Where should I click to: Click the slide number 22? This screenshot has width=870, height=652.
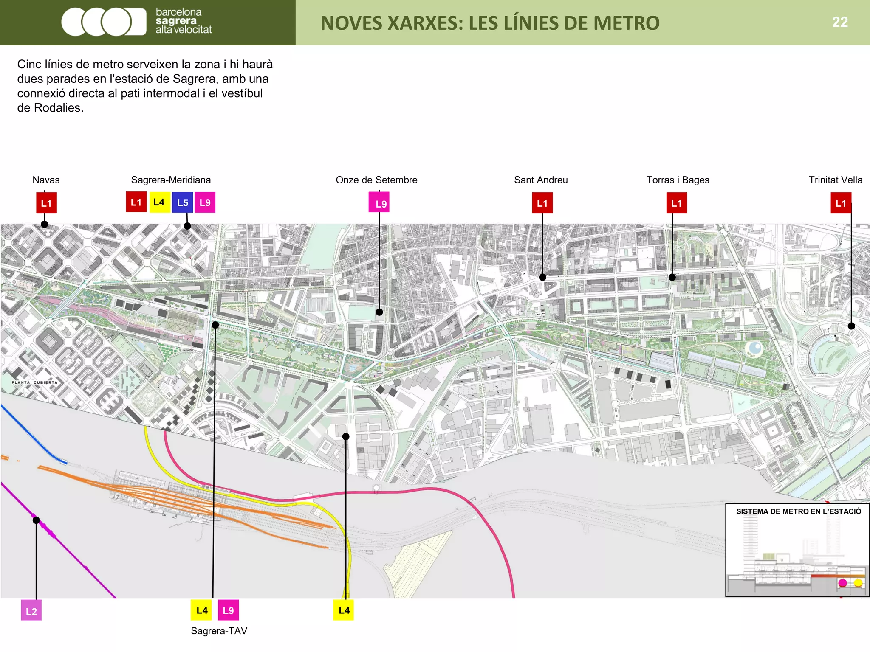click(839, 22)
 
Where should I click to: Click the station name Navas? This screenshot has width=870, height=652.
click(46, 180)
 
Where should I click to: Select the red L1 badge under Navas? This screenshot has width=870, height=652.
click(46, 203)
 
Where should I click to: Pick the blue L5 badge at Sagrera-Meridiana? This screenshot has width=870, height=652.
click(183, 202)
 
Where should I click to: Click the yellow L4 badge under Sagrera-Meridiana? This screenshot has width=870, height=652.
click(159, 202)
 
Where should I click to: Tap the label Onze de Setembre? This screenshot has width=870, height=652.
click(376, 180)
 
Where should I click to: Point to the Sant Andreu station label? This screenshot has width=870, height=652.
click(541, 180)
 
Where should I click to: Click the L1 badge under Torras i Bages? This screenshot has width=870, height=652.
click(676, 203)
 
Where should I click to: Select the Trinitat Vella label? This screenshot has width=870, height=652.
click(835, 180)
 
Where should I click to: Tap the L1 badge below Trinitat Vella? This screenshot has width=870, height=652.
click(841, 203)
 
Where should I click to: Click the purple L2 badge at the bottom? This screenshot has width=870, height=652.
click(31, 611)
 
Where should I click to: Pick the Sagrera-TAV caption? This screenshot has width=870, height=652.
click(219, 631)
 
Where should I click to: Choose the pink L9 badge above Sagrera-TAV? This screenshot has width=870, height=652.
click(228, 610)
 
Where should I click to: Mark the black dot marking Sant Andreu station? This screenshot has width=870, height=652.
click(542, 277)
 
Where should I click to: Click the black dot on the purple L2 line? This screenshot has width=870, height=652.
click(37, 520)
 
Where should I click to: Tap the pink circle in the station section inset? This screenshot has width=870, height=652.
click(843, 583)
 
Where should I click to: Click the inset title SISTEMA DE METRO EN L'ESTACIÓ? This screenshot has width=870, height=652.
click(799, 511)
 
